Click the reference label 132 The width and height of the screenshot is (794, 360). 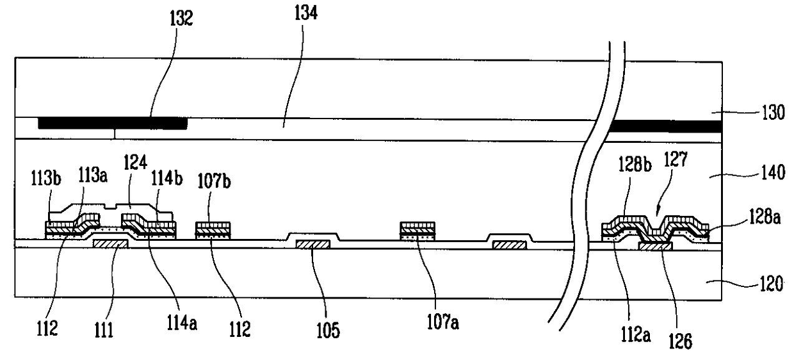181,19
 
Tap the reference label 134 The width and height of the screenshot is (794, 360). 306,13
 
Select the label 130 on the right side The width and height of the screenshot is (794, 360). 774,113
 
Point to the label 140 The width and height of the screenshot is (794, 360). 773,173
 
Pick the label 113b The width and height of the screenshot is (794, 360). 45,177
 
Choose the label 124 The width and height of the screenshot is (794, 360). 135,163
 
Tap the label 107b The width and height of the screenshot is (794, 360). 214,181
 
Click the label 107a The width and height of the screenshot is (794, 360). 443,322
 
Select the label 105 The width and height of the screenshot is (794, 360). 328,330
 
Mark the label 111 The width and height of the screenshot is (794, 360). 104,330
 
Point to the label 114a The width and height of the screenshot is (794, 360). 182,323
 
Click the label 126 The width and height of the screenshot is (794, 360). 680,341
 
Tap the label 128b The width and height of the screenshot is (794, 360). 635,165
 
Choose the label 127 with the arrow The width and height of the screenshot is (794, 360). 676,160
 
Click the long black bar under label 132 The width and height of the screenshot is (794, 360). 113,124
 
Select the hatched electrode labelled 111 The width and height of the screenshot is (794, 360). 110,243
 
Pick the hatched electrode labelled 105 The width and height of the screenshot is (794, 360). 313,244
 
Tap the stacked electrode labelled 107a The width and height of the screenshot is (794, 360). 417,231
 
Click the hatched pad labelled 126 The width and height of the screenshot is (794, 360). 655,246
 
